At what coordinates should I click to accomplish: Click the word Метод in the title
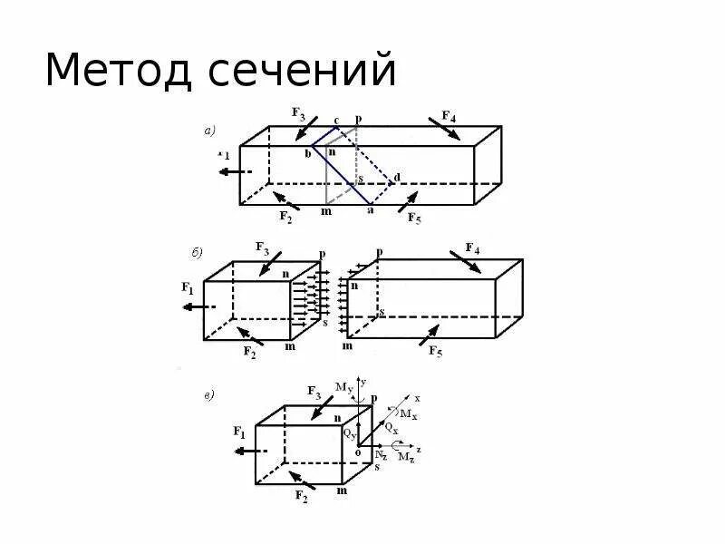click(x=119, y=71)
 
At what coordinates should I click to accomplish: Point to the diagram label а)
click(x=209, y=131)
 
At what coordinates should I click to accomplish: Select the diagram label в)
click(x=208, y=394)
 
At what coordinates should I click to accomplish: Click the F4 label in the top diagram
click(x=449, y=115)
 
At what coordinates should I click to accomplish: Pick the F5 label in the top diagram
click(x=414, y=218)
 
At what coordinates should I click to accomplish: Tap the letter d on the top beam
click(x=397, y=177)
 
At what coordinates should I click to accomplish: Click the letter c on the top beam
click(x=337, y=120)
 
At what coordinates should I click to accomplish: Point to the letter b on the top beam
click(x=307, y=154)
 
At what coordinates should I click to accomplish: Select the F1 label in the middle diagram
click(x=188, y=288)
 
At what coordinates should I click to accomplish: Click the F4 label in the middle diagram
click(x=471, y=248)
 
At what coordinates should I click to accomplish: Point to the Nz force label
click(x=380, y=454)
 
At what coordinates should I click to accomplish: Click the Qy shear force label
click(x=349, y=433)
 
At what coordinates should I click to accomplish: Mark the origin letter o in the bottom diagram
click(x=358, y=452)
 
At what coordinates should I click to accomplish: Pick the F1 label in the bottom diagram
click(x=239, y=432)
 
